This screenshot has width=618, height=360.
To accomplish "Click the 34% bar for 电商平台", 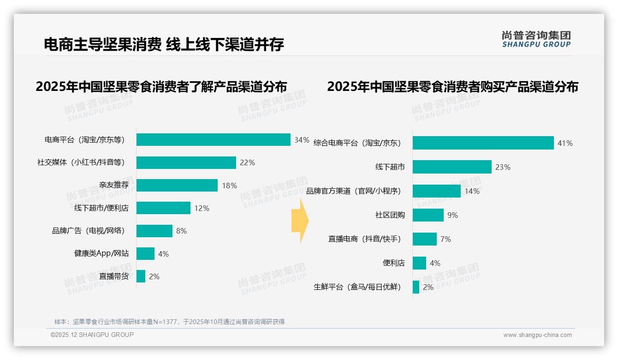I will (x=213, y=140).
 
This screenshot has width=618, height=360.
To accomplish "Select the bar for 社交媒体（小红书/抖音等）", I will (x=186, y=162).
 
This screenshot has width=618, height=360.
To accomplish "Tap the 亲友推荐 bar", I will (x=177, y=186).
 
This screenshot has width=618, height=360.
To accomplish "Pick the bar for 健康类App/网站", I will (x=145, y=254).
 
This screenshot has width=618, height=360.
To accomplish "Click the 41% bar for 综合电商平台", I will (x=483, y=143).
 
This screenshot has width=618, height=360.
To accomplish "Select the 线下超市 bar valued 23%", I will (x=452, y=167).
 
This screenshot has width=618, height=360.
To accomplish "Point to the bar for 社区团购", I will (x=428, y=215).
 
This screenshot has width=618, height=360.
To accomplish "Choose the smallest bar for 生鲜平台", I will (x=416, y=287).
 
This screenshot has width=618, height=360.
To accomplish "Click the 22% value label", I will (x=247, y=162).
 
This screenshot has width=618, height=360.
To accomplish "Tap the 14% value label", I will (x=472, y=191).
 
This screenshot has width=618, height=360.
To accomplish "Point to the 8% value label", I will (x=181, y=231).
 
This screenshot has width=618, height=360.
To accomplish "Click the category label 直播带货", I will (x=114, y=276).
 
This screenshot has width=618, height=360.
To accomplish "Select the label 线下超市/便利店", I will (x=101, y=208).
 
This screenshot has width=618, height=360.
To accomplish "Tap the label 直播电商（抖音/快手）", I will (x=365, y=239).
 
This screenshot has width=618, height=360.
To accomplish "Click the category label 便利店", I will (x=393, y=263).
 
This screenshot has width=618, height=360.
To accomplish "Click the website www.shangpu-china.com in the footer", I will (x=537, y=335).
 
